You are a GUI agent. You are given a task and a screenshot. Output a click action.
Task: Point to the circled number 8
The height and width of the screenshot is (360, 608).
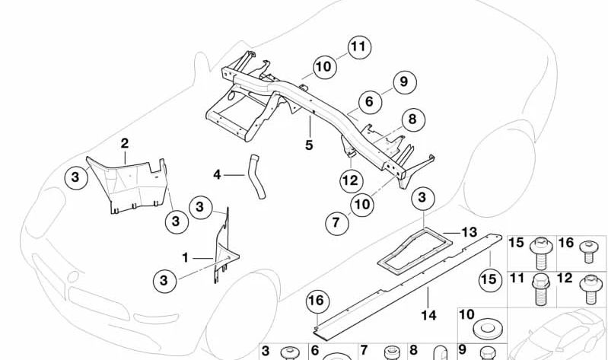coord(412,119)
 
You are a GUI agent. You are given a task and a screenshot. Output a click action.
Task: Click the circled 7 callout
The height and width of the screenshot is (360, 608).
coord(336,224)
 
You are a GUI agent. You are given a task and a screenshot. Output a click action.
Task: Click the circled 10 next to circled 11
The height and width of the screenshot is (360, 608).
coord(324,67)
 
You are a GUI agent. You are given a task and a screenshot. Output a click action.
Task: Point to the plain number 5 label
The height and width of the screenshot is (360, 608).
coord(309,145)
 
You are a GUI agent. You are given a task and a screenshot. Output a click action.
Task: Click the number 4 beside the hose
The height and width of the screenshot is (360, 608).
coord(217,175)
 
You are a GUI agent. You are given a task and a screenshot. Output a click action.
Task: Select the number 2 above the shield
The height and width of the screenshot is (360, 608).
coord(124,142)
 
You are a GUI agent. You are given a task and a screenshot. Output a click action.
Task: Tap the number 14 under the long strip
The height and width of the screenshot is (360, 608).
coord(429,314)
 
